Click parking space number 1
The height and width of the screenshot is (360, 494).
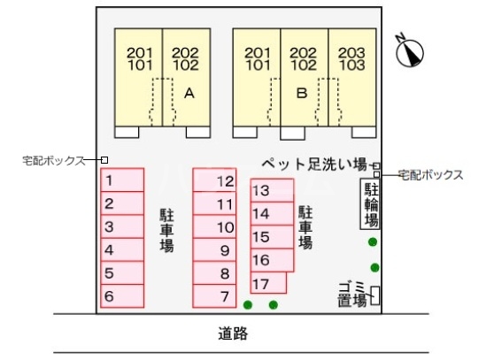pos(122,180)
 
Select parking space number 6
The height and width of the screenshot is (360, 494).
pos(122,295)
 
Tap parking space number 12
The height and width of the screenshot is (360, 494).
pos(214,180)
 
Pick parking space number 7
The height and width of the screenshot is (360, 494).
pos(214,295)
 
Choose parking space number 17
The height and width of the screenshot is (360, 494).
pos(268,283)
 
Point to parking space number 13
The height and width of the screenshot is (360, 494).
pos(272,190)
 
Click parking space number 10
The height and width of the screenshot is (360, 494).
pos(214,226)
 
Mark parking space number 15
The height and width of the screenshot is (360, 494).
pos(272,237)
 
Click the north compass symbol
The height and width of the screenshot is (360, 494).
pos(409,52)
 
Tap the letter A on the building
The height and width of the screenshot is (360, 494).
pos(189,93)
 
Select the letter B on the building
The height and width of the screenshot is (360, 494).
pos(302,93)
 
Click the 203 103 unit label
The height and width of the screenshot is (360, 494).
pos(351,59)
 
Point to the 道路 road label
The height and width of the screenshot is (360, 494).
pos(233,333)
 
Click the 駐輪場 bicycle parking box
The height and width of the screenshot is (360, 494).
pos(370,203)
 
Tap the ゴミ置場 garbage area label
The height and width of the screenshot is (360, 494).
pos(353,295)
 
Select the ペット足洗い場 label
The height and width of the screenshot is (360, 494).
pos(315,164)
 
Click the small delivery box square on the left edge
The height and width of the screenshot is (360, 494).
pos(104,160)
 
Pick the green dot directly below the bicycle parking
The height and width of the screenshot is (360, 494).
pos(373,242)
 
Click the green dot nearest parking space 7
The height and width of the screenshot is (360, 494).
pos(248,304)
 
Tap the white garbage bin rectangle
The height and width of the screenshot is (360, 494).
pos(374,295)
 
